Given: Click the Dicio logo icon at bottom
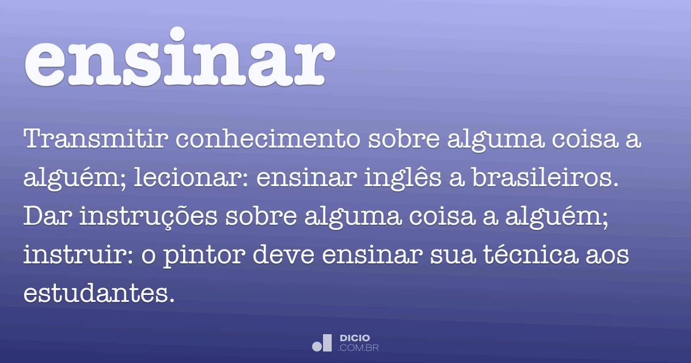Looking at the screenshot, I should click(x=322, y=343).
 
